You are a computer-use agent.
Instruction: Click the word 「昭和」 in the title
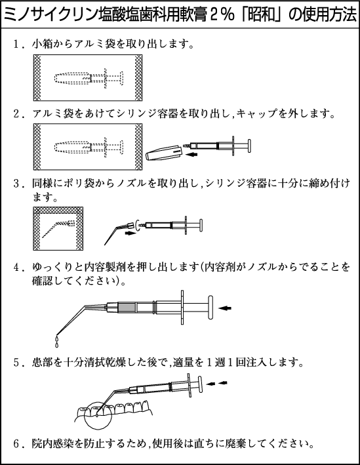261,15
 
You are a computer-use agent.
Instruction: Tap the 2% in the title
222,15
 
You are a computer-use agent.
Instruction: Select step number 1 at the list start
16,45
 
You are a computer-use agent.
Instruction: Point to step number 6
17,443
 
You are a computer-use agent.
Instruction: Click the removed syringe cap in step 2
164,152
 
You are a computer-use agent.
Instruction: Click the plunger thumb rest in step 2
249,146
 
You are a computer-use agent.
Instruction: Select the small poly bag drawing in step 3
58,229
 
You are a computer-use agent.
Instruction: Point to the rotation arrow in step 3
136,226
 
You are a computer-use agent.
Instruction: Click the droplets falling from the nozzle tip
57,342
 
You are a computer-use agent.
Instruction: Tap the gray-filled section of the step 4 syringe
127,308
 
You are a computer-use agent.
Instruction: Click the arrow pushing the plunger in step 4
225,308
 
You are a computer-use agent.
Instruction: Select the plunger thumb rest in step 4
210,308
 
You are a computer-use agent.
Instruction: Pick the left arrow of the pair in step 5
211,384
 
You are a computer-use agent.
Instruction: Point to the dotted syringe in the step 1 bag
89,78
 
